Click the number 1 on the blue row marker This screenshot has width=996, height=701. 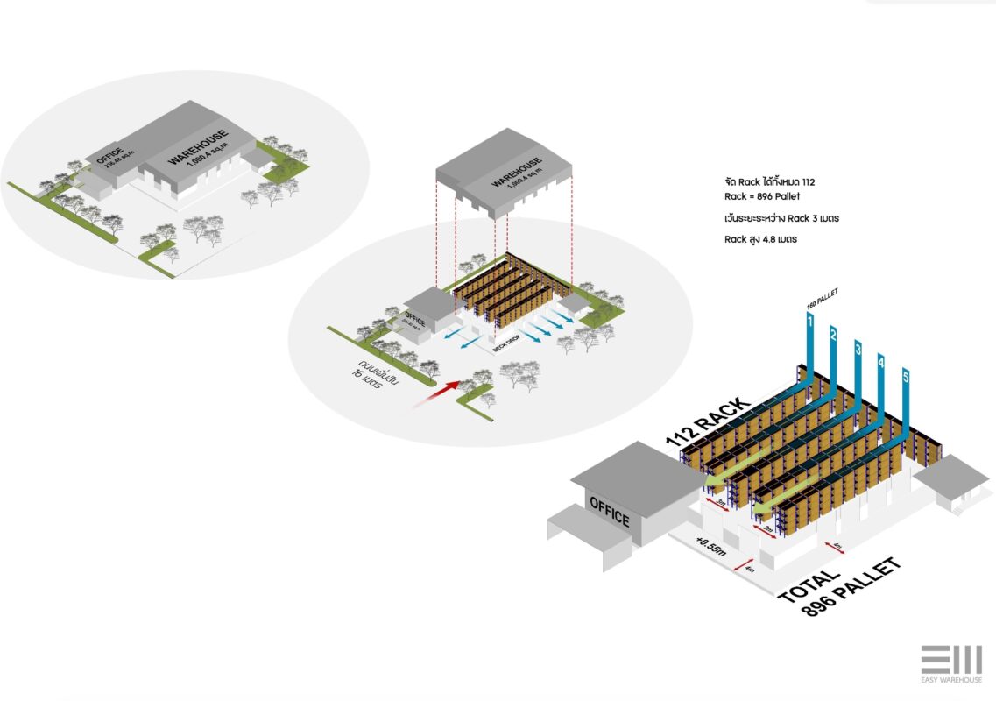point(810,322)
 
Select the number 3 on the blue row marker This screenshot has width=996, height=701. point(858,350)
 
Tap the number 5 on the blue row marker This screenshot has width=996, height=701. point(906,377)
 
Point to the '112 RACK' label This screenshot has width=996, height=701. point(708,423)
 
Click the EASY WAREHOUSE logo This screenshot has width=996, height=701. point(950,664)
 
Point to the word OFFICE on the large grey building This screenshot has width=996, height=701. point(610,511)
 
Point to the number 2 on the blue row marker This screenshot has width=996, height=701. point(834,336)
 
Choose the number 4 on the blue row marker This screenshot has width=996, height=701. point(881,363)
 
